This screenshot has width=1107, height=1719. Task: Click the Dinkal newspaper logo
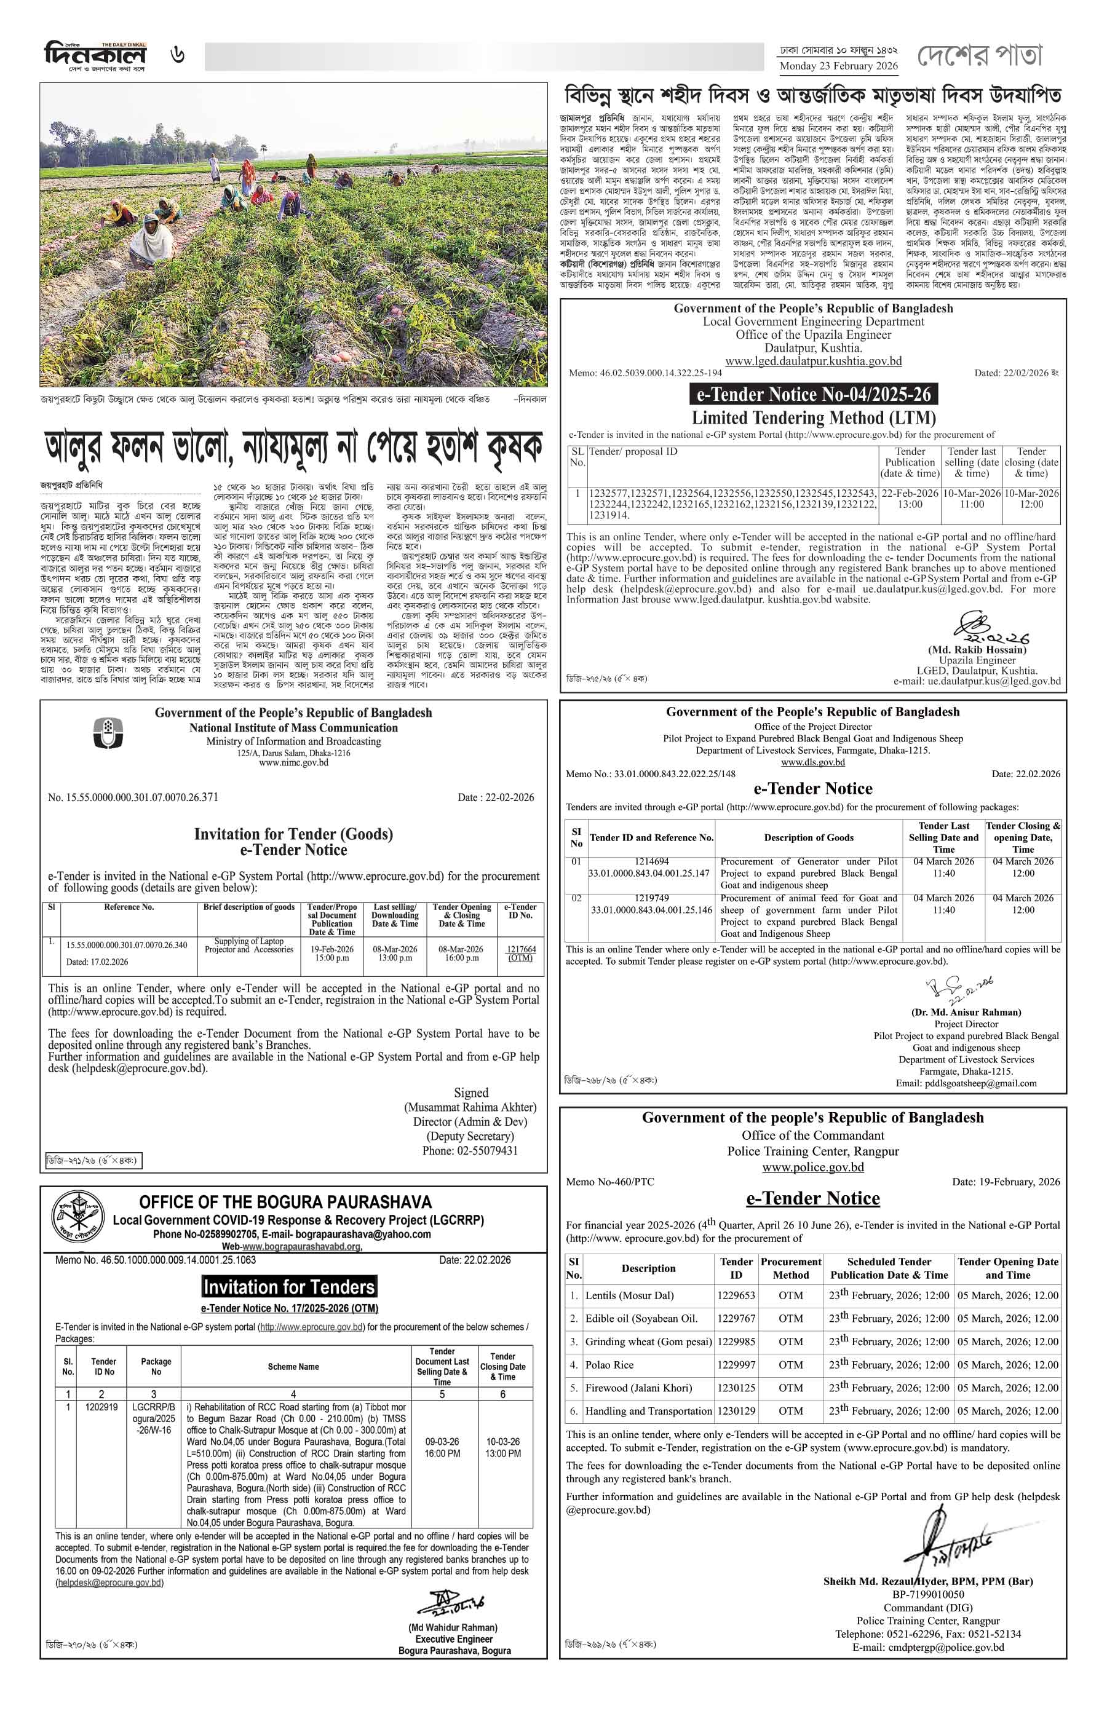coord(95,56)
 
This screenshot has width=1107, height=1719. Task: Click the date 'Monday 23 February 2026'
coord(838,66)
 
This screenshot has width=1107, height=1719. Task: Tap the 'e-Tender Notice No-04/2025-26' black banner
coord(813,394)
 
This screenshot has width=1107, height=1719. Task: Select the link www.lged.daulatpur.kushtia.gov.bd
coord(813,362)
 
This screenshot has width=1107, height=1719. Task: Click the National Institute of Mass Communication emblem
coord(108,732)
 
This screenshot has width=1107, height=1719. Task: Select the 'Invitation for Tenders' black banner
coord(289,1286)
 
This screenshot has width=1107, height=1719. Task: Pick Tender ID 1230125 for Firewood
coord(736,1388)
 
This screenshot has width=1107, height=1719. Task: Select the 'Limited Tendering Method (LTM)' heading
coord(813,418)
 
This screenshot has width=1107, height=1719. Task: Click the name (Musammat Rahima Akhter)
coord(469,1107)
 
